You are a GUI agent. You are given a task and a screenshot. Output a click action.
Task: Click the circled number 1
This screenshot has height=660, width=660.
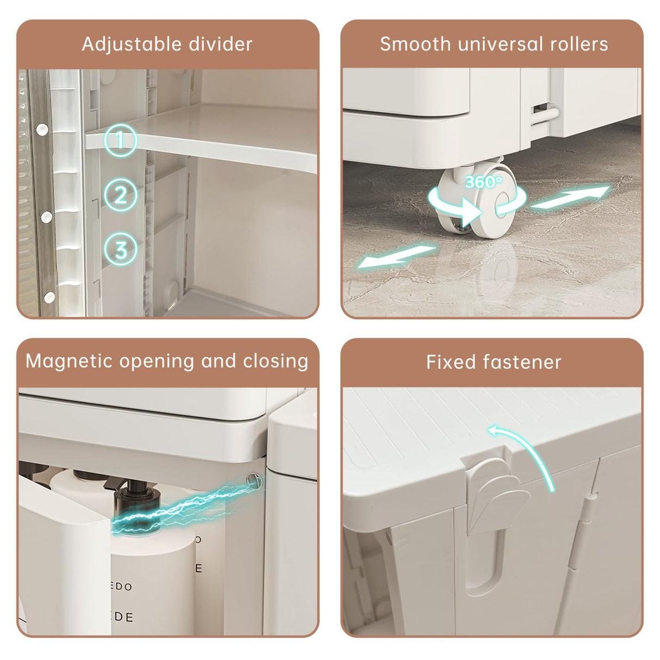(x=120, y=140)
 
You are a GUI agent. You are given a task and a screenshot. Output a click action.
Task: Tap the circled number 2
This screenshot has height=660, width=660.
(x=120, y=195)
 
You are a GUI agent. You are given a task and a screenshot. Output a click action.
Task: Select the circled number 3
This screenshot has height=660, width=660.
(x=120, y=250)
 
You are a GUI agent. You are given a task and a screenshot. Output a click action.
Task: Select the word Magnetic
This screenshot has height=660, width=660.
(x=68, y=361)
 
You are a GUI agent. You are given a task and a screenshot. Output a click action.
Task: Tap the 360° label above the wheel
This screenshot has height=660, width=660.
(x=483, y=182)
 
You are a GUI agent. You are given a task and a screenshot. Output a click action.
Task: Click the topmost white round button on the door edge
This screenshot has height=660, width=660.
(x=42, y=129)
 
